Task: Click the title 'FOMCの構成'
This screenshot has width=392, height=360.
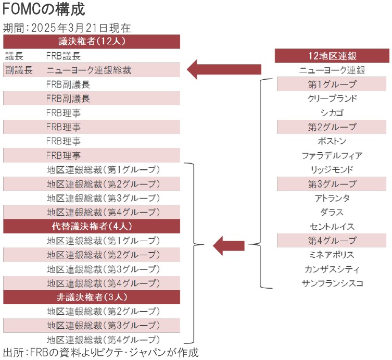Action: [x=44, y=9]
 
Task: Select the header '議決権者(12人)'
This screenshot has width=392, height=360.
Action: [x=92, y=41]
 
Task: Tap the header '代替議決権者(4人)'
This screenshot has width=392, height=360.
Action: [x=92, y=226]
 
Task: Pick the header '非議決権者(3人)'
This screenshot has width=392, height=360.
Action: [x=92, y=297]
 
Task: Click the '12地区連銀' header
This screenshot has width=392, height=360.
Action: [x=332, y=56]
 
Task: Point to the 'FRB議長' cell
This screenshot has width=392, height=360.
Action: [x=64, y=56]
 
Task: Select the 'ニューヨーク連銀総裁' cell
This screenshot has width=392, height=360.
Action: [x=88, y=70]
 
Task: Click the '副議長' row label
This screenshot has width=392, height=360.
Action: [x=19, y=70]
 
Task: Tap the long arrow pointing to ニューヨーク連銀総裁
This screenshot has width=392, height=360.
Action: [x=224, y=69]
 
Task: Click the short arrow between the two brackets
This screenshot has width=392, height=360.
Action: [x=229, y=245]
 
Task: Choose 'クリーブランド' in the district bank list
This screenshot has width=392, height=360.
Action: [x=332, y=98]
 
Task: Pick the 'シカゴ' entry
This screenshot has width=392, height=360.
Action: [x=332, y=113]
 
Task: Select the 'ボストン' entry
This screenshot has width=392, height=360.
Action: [x=332, y=141]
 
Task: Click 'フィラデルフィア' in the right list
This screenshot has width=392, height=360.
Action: [x=332, y=155]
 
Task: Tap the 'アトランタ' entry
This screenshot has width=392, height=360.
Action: [x=332, y=198]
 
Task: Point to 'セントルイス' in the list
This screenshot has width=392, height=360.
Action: [x=332, y=227]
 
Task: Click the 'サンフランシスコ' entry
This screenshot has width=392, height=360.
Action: [x=332, y=283]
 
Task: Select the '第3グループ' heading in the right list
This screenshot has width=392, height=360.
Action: [x=332, y=183]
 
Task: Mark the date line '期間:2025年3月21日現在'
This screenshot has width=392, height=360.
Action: [x=67, y=28]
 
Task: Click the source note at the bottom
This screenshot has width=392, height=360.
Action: [x=100, y=352]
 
